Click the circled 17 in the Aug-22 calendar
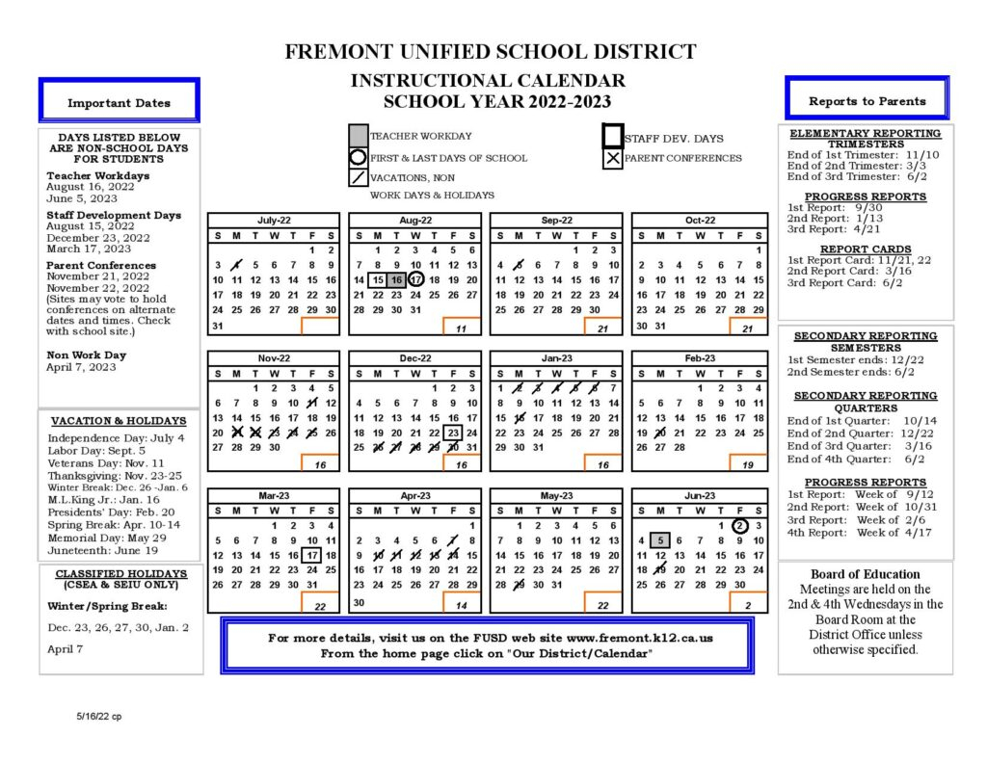(415, 279)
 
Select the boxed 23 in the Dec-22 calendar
(453, 433)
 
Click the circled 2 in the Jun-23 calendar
(739, 526)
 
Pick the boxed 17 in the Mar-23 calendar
(311, 556)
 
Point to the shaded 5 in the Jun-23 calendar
(660, 540)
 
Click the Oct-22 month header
(699, 221)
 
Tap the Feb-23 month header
(699, 358)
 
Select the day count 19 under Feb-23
(748, 463)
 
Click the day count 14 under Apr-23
(462, 605)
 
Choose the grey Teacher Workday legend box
(358, 136)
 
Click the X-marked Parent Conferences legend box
(612, 158)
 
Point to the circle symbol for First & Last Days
(358, 157)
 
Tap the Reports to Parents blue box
(867, 100)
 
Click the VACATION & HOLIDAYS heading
(119, 421)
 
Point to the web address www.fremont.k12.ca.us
(641, 638)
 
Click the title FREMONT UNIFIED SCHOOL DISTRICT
(490, 52)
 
